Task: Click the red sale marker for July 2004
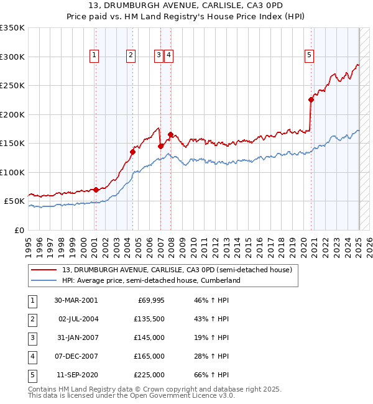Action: tap(132, 151)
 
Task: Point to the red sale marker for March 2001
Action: tap(96, 190)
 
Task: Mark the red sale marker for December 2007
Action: tap(170, 134)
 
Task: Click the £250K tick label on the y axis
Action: tap(12, 86)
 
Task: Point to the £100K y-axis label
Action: tap(12, 172)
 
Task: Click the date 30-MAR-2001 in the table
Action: tap(76, 300)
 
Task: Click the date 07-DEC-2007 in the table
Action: tap(76, 356)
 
